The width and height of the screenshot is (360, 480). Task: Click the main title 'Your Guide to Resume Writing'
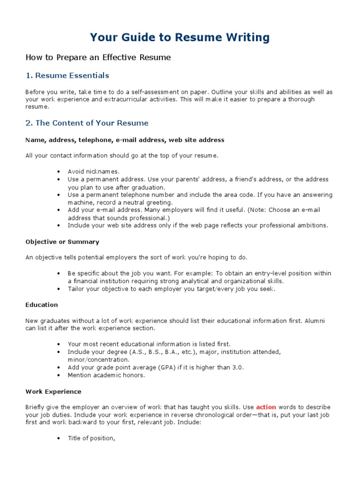point(180,37)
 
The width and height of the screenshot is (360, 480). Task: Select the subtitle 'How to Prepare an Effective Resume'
point(98,58)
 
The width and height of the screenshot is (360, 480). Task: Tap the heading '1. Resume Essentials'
point(67,75)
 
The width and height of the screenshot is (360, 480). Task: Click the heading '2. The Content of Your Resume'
point(87,123)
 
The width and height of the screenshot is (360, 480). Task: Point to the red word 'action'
point(266,407)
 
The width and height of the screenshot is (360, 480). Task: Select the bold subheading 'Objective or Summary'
point(62,242)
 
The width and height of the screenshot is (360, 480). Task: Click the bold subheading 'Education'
point(42,305)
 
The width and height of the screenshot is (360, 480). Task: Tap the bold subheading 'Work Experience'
point(53,391)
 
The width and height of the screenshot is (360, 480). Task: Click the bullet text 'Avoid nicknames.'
point(94,172)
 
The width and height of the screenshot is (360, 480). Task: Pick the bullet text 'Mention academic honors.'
point(106,375)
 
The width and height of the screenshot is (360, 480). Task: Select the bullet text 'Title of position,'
point(91,438)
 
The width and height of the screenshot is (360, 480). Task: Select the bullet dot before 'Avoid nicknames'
point(58,172)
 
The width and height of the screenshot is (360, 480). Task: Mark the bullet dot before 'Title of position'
point(58,439)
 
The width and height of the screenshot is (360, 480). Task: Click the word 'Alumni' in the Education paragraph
point(315,321)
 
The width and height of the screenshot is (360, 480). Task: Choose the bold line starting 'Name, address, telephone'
point(125,140)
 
